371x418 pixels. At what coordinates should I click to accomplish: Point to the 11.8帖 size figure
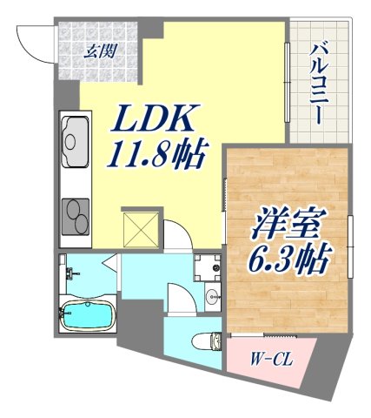157,158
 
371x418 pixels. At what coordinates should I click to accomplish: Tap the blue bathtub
88,315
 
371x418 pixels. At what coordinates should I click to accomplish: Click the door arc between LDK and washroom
177,235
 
